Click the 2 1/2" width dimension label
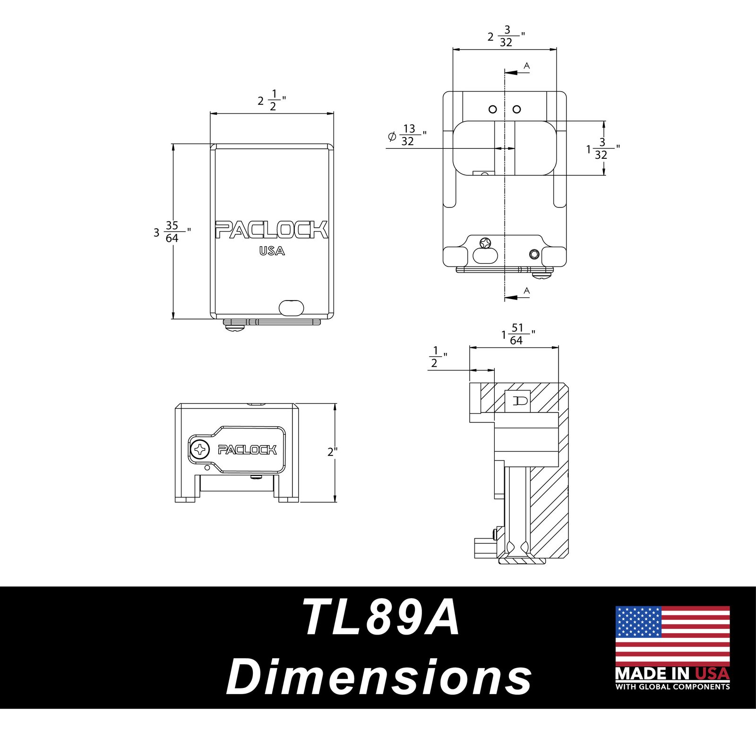272,100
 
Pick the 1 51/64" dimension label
518,334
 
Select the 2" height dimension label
333,452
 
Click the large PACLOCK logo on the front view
272,230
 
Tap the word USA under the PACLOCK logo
272,251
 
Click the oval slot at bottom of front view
291,308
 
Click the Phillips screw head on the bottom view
200,449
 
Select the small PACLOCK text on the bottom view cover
247,449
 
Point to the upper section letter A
527,66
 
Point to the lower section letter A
527,290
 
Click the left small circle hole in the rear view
493,109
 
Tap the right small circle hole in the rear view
517,109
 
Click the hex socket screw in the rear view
534,254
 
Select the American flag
672,636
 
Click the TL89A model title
381,618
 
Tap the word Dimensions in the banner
379,677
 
